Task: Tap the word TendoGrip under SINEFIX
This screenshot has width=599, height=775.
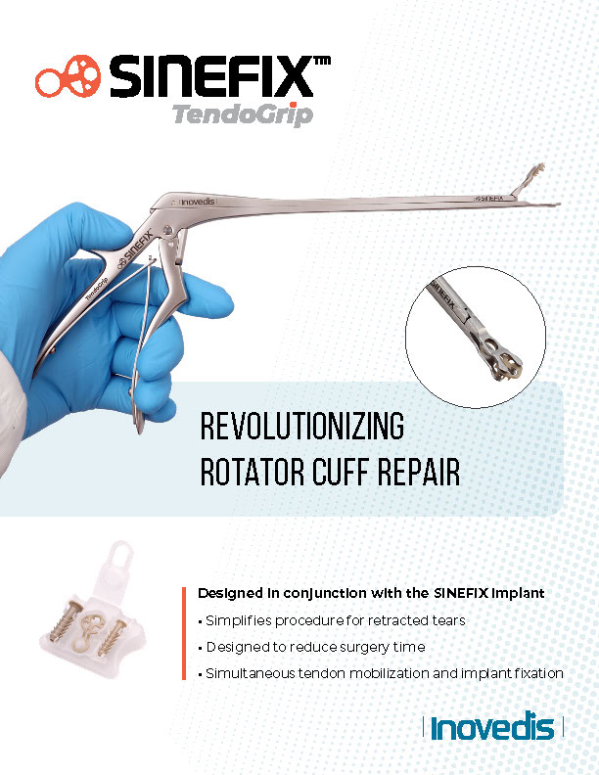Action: pos(243,115)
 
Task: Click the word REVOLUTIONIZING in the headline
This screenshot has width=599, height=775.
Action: pos(301,429)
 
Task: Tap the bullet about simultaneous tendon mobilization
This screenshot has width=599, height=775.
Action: pos(381,673)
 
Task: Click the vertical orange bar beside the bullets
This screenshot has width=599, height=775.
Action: pos(184,633)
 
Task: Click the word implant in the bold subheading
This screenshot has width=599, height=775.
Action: pos(517,593)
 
